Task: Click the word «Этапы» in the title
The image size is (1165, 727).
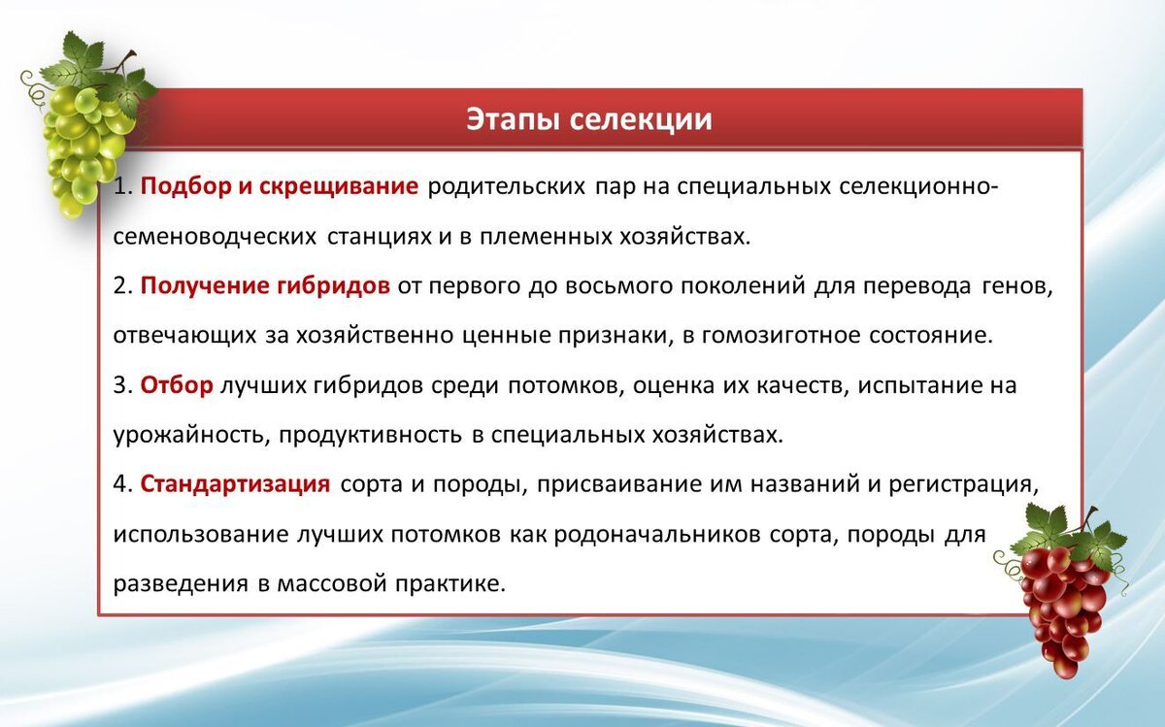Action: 514,120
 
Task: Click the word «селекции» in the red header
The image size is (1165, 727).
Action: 641,120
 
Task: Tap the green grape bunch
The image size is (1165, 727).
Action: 85,125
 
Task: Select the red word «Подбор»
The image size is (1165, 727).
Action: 185,186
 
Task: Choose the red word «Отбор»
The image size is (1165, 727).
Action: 177,384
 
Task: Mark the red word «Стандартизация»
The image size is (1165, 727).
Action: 235,484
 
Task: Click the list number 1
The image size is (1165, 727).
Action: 122,186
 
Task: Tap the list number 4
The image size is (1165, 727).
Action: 122,484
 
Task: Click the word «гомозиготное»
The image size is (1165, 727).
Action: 782,336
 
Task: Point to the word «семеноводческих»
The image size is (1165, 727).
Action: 215,237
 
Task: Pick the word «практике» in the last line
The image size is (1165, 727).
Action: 450,584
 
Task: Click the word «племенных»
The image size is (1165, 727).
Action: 546,237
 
